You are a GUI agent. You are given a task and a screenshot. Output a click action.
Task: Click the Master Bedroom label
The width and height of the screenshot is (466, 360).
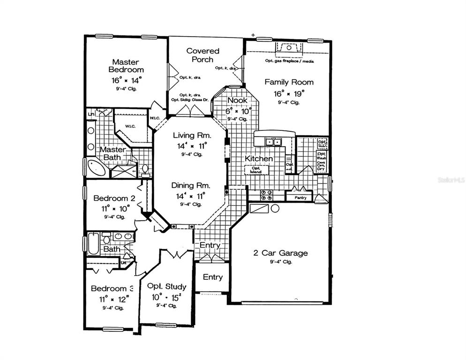point(127,66)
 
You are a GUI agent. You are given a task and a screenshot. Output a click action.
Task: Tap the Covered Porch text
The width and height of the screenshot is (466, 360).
point(203,55)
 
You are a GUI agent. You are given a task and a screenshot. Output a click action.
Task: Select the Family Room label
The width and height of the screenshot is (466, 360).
point(289,82)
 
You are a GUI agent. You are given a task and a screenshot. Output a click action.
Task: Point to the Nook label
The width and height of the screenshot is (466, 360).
point(237,100)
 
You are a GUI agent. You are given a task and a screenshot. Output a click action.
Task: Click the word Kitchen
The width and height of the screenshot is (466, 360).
point(258,158)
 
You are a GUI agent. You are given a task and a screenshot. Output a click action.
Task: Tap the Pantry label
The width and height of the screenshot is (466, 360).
point(301,198)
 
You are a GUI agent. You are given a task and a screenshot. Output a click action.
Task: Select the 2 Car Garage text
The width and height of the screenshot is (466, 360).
point(280,253)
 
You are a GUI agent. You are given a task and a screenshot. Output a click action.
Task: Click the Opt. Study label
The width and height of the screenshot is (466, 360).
point(166,286)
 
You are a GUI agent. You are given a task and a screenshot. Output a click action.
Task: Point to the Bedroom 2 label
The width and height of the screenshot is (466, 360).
point(114,198)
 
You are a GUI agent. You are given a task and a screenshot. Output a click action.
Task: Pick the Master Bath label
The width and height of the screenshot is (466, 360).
point(112,153)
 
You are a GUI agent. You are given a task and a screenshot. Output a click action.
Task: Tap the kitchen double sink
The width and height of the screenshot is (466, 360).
point(272,141)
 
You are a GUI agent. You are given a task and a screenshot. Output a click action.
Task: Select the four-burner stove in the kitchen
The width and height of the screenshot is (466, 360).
point(267,195)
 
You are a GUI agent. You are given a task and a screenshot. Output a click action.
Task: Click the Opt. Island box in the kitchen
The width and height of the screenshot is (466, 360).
point(256,169)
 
